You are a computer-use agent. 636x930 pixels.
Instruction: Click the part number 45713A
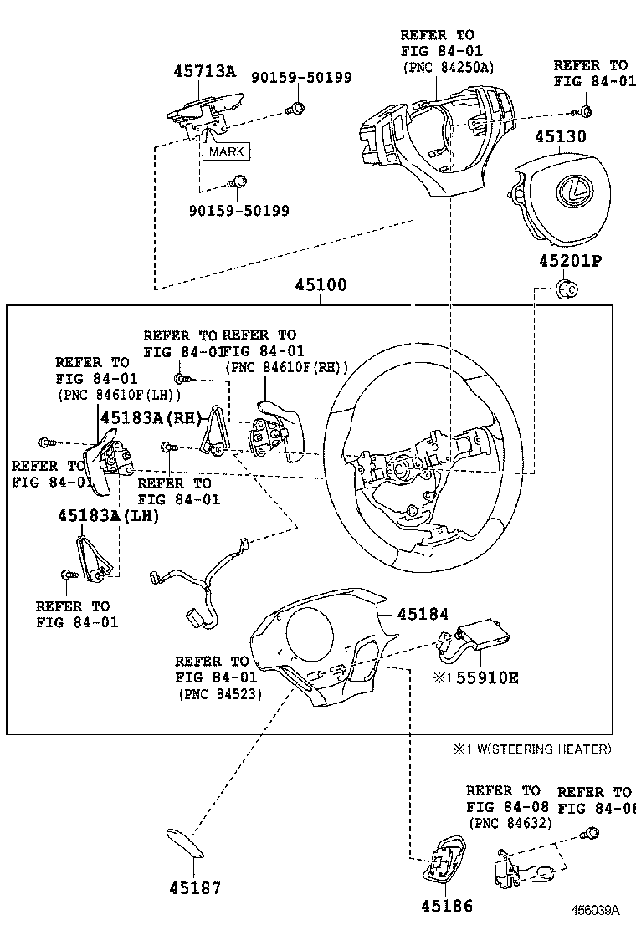(204, 71)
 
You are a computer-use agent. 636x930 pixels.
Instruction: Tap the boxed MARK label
(226, 151)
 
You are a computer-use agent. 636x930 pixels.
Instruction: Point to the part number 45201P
(570, 261)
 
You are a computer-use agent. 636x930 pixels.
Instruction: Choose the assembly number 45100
(320, 285)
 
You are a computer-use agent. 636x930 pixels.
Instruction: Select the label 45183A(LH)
(108, 516)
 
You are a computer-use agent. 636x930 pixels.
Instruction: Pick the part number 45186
(446, 906)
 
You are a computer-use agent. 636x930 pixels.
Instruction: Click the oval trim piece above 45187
(185, 844)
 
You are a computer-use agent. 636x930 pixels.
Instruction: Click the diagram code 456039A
(596, 910)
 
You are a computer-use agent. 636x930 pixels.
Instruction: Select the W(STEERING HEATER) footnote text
(539, 749)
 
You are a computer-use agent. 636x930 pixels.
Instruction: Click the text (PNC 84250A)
(448, 67)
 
